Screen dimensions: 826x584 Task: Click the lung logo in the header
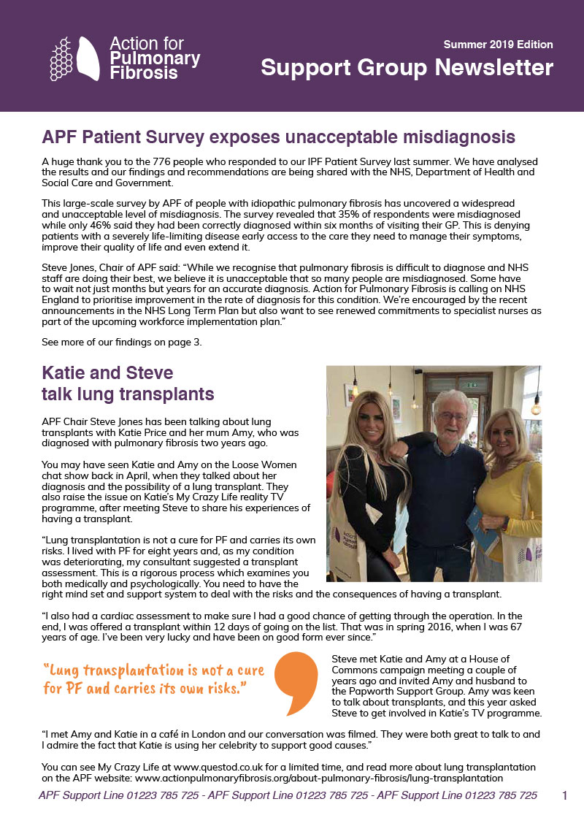click(75, 58)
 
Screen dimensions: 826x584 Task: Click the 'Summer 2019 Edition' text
click(498, 45)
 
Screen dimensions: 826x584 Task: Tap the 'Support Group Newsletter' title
click(407, 68)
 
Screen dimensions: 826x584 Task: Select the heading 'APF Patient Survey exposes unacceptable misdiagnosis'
click(279, 137)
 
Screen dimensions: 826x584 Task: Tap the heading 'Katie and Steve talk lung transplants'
click(128, 384)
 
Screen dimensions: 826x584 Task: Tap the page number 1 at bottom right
click(565, 795)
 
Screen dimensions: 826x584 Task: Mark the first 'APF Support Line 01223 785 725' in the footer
click(118, 795)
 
